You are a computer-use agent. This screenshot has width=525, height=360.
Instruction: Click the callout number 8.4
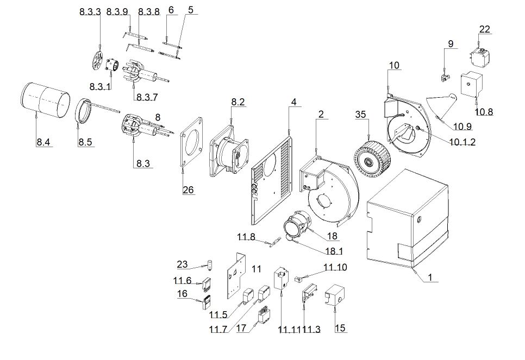tap(43, 142)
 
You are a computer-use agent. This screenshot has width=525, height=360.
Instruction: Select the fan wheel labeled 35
tap(372, 157)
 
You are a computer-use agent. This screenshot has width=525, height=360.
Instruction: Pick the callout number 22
tap(485, 29)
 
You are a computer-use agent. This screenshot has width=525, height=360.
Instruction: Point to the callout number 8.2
tap(238, 102)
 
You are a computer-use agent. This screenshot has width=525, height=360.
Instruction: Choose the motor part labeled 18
tap(298, 225)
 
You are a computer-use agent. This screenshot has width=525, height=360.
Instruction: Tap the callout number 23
tap(183, 264)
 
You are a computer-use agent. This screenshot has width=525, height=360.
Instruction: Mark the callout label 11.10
tap(335, 267)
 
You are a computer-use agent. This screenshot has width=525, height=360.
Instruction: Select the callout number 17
tap(242, 328)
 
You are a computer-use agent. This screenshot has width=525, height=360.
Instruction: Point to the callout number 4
tap(293, 102)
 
